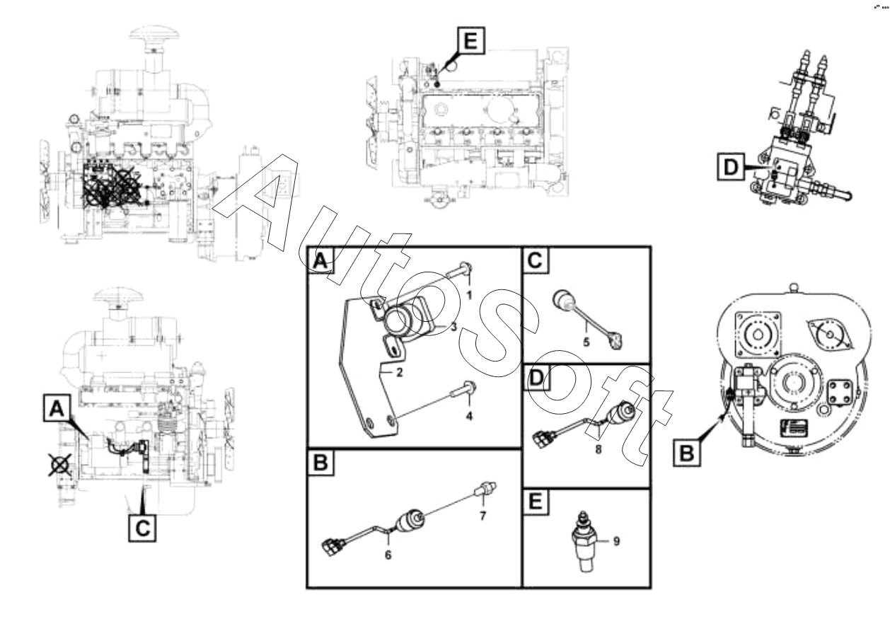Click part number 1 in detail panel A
pos(469,296)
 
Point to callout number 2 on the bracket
pos(399,373)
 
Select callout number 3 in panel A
pos(453,327)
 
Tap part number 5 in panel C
pos(586,342)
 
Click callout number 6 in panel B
pos(388,555)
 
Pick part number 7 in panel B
pos(482,516)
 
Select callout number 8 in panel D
pos(599,449)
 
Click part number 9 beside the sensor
pos(616,541)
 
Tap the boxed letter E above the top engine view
pos(471,40)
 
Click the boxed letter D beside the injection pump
pos(731,168)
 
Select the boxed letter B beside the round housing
pos(686,453)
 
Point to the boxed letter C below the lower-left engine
pos(142,528)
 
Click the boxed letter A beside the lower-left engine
pos(57,407)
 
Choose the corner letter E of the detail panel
pos(536,502)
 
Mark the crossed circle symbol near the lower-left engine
pos(59,465)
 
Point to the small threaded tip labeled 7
pos(486,489)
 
